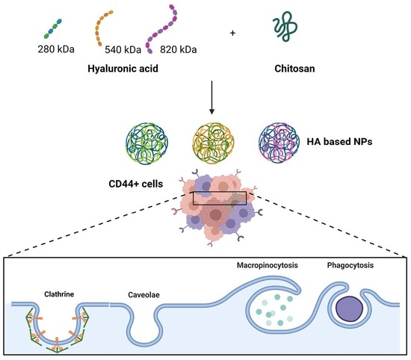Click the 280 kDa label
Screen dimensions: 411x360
56,49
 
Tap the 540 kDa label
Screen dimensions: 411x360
123,50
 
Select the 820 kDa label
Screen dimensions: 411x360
179,50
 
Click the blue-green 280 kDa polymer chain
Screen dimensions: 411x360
53,28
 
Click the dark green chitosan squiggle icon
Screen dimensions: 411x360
285,26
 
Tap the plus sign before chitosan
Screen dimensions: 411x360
232,34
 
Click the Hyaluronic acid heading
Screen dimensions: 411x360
123,69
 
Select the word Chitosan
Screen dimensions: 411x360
294,69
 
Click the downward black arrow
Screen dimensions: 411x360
211,97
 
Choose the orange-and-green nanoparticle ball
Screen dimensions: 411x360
213,143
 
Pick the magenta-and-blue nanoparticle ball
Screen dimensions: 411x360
279,143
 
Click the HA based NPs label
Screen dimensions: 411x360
339,142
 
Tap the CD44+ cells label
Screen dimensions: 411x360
136,184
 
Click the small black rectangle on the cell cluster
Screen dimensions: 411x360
220,192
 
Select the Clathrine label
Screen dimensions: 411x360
59,294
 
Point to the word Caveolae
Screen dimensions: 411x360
144,295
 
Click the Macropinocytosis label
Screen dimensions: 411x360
268,265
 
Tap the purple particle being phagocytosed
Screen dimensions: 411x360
350,308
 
